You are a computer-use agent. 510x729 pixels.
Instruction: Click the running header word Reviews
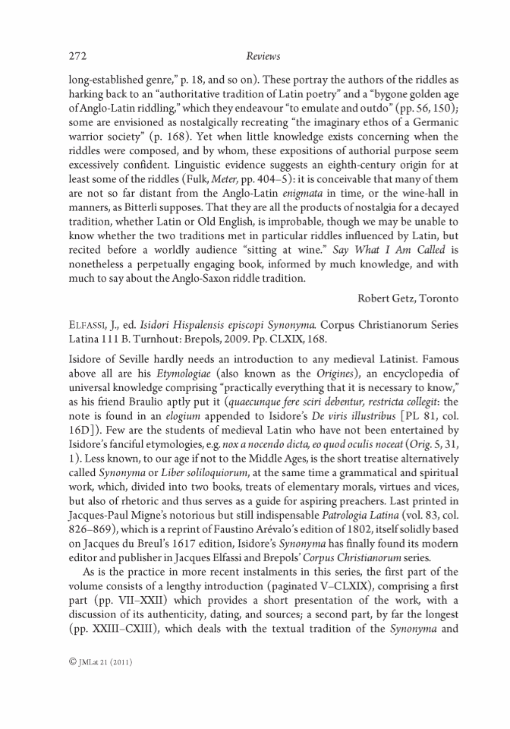(x=263, y=56)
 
